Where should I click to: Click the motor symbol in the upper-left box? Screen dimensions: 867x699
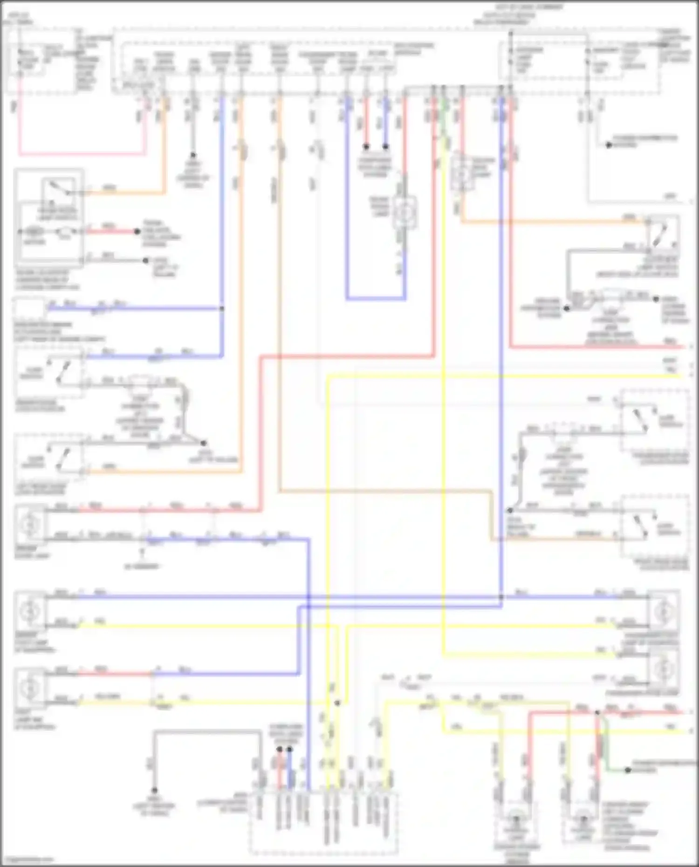point(34,232)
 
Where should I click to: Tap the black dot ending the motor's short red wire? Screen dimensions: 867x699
point(137,232)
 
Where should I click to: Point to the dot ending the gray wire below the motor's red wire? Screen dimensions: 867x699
point(146,260)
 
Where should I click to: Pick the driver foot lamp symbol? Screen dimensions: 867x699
point(30,611)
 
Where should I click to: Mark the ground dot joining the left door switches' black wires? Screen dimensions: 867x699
point(203,443)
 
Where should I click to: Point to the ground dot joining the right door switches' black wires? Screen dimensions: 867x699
point(510,511)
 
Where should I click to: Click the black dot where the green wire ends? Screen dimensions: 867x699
point(627,770)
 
